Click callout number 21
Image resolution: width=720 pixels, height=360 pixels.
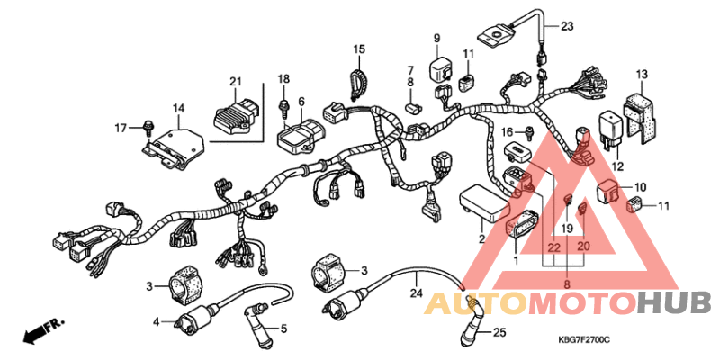pos(235,83)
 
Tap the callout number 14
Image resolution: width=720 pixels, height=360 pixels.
pos(178,109)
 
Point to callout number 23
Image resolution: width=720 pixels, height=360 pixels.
pos(567,26)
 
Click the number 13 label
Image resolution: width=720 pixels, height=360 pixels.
pos(642,74)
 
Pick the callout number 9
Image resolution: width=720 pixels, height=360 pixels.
pos(437,38)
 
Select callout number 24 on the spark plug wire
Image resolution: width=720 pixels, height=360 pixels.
pos(416,292)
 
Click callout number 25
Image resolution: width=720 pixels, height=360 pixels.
pos(499,333)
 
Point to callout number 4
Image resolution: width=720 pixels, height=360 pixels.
pos(156,321)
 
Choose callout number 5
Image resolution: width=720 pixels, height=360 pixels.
pos(283,328)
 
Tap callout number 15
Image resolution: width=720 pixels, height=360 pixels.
pos(359,49)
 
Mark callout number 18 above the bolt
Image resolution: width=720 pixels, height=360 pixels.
pos(283,79)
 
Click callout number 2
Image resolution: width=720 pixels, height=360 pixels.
pos(481,239)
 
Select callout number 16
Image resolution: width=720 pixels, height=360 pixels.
pos(508,132)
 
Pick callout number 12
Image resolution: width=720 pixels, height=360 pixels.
pos(617,166)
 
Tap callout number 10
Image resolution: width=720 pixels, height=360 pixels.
pos(640,187)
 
